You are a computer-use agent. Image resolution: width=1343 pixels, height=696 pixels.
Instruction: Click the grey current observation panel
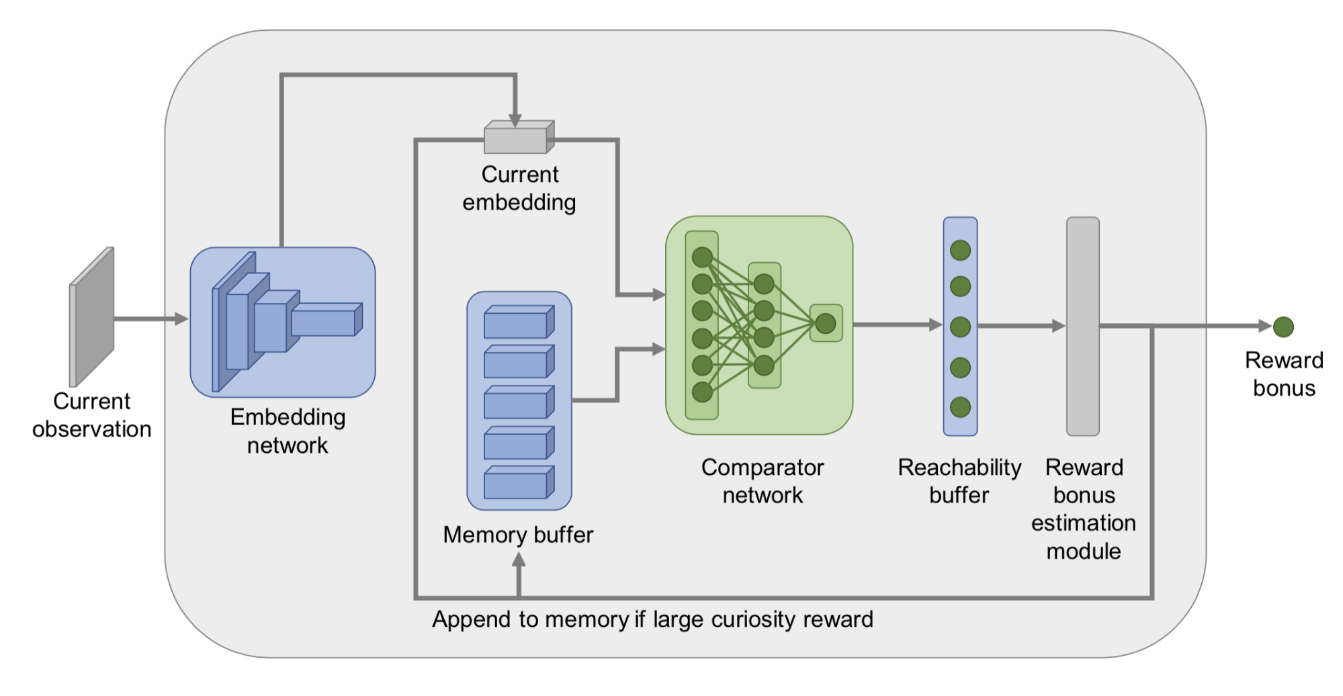91,316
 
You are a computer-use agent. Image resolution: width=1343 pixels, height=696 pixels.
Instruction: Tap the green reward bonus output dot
1283,327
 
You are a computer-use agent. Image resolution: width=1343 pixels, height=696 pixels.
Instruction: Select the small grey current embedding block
519,137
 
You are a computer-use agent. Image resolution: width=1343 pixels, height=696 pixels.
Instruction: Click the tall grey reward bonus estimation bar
1083,327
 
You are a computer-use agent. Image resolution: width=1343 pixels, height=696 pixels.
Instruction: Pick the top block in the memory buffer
519,322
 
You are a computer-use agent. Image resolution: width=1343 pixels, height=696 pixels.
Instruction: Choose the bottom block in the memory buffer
519,482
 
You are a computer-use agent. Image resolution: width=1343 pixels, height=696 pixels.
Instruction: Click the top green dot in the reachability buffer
960,251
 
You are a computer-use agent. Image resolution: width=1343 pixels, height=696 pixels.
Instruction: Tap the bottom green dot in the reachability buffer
960,407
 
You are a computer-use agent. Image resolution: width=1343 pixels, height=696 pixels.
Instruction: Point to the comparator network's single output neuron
826,324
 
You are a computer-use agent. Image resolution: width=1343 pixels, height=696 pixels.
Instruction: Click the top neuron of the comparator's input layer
702,257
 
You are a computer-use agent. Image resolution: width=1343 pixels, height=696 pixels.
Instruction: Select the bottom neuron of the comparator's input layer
702,392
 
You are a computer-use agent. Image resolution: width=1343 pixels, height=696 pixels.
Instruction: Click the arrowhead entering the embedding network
181,319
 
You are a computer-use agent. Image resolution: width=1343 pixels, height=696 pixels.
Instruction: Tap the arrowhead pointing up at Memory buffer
519,559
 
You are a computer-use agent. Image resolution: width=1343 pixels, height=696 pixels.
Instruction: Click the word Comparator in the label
763,468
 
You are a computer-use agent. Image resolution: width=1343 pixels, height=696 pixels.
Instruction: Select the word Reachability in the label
959,468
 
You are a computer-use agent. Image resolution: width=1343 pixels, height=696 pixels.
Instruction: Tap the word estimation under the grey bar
1084,523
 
